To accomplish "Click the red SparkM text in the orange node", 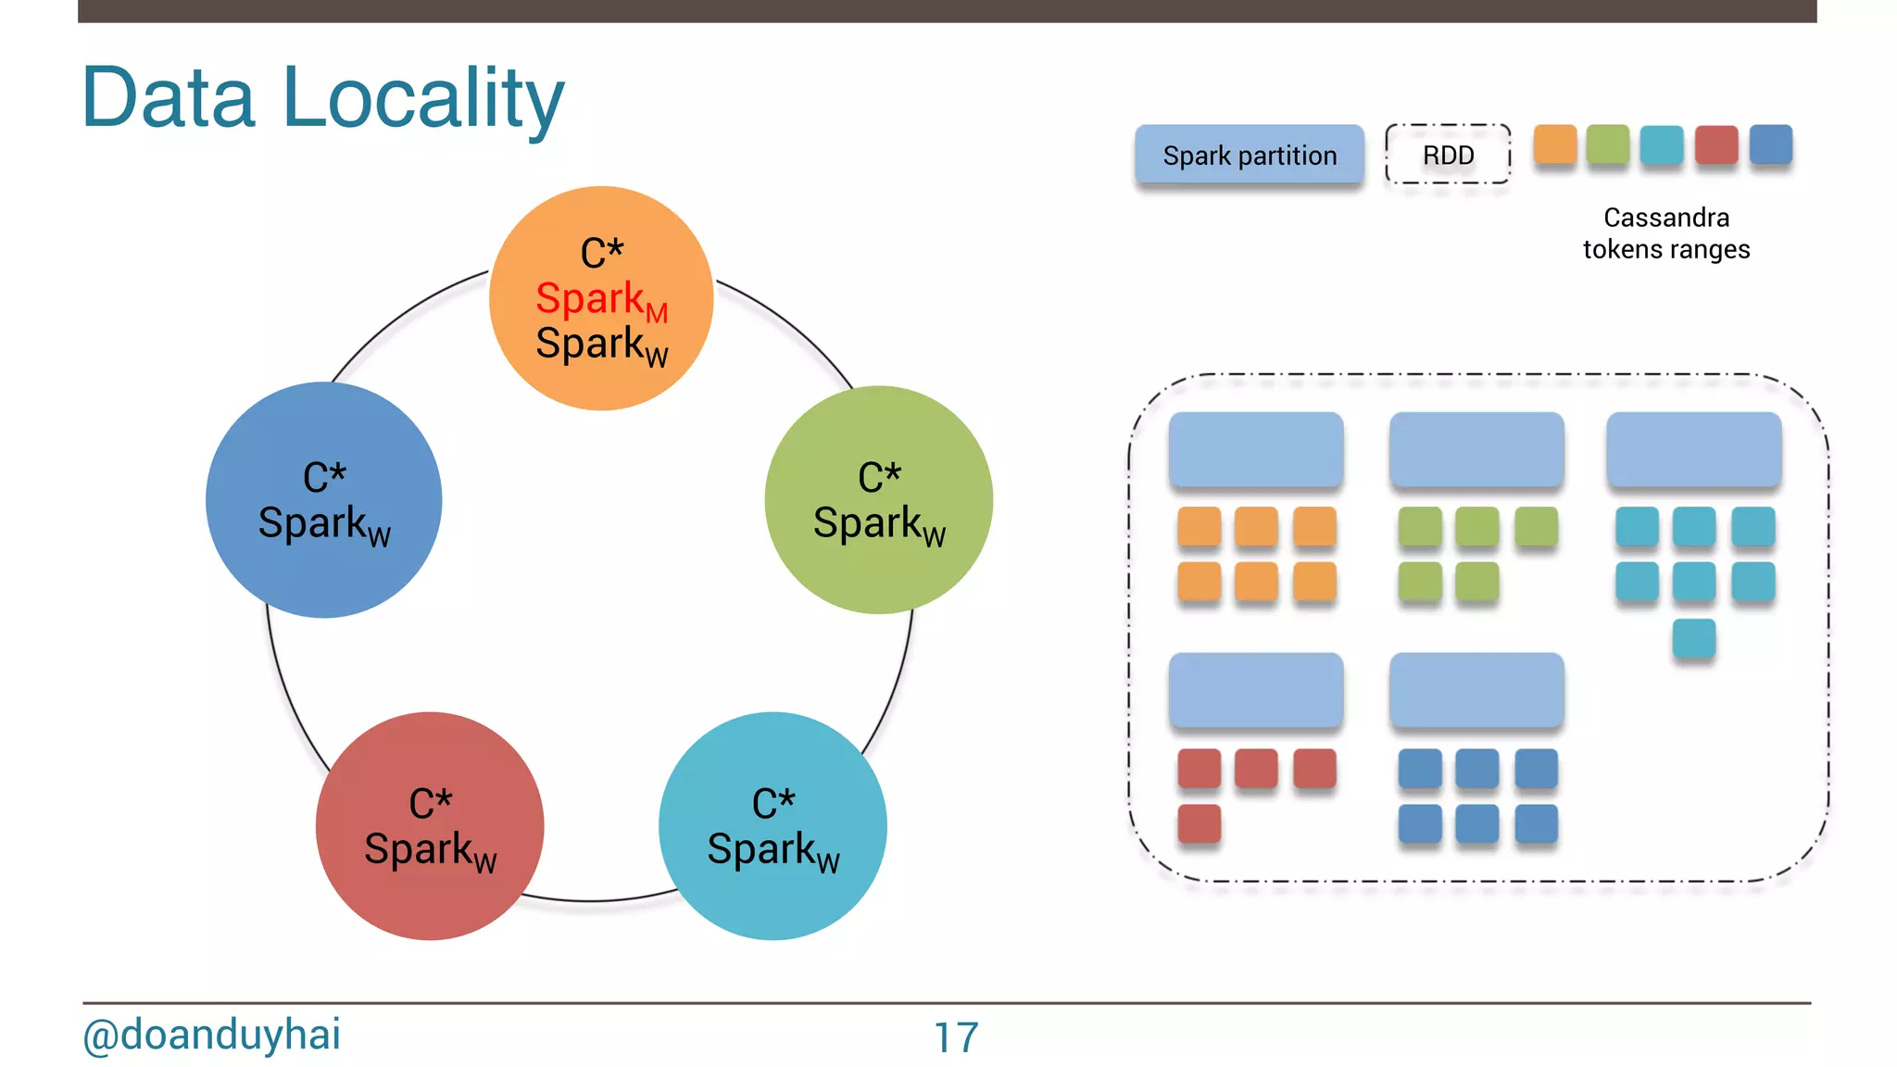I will (x=600, y=300).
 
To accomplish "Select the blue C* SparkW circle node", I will (x=323, y=500).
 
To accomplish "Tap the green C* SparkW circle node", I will (x=878, y=500).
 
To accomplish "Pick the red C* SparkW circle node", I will (x=430, y=826).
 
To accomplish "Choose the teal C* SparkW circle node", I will (x=773, y=826).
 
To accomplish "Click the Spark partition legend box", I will (x=1249, y=155).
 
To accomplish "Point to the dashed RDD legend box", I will (x=1448, y=155).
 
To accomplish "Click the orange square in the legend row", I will (x=1554, y=144).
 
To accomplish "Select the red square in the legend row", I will (x=1715, y=144).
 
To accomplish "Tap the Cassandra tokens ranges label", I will (x=1665, y=233).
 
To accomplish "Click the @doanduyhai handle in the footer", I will (x=211, y=1035).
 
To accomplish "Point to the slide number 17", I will (x=955, y=1037).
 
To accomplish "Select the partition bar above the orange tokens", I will (x=1255, y=449).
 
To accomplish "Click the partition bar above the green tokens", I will (x=1476, y=449).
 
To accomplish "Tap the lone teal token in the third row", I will (x=1693, y=638).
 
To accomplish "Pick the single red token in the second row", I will (x=1199, y=823).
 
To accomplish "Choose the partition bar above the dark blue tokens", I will (x=1476, y=690).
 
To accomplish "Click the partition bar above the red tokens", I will (x=1255, y=690).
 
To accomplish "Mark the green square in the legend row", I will (x=1607, y=144).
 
